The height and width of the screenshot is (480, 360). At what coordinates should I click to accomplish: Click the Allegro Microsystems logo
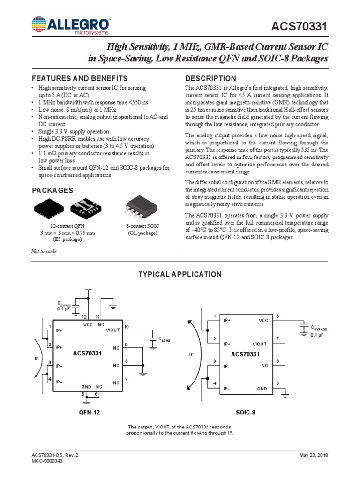coord(70,26)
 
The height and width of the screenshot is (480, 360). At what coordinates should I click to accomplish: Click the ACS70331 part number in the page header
coord(300,29)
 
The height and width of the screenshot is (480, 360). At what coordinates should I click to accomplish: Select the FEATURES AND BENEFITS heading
coord(79,78)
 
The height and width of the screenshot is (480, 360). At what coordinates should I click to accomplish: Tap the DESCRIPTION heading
coord(211,78)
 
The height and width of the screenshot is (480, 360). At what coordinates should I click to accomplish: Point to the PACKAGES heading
coord(52,190)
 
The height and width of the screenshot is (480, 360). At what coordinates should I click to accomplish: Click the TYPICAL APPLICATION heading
coord(180,274)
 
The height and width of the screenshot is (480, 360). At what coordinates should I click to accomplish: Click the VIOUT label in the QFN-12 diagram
coord(113,330)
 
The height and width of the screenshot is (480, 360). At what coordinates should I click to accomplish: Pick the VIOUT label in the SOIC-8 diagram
coord(259,344)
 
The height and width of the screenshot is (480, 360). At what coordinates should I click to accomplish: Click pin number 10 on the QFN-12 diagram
coord(126,326)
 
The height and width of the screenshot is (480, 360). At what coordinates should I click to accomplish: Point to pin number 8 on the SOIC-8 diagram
coord(277,316)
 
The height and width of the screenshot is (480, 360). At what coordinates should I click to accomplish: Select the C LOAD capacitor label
coord(164,339)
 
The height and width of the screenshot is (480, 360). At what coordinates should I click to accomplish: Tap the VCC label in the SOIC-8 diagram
coord(262,321)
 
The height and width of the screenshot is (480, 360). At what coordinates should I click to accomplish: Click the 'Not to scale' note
coord(44,251)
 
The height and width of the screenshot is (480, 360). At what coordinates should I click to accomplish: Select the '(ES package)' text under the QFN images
coord(66,239)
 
